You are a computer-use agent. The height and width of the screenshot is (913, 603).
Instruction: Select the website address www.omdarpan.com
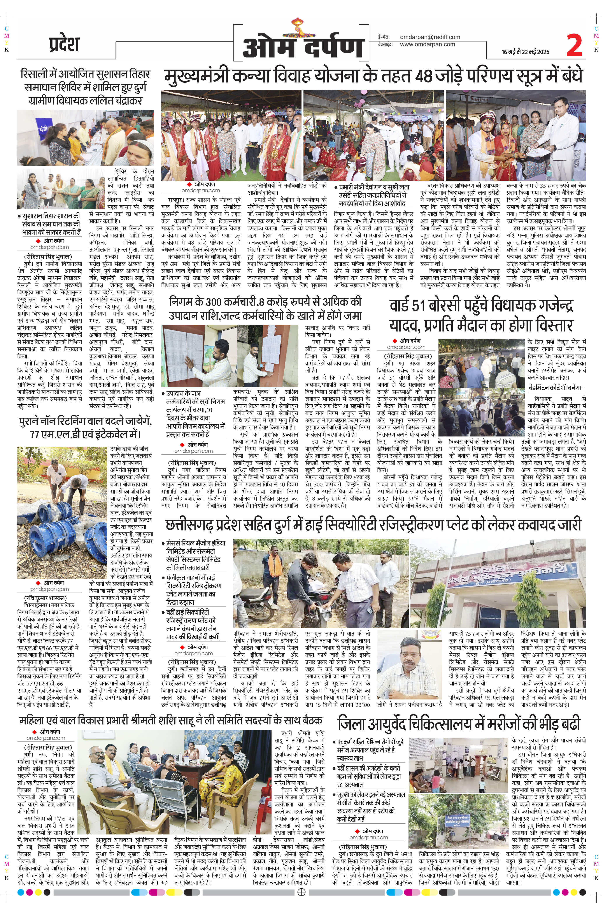click(427, 44)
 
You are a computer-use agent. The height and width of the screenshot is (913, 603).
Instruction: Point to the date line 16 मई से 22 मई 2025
click(525, 52)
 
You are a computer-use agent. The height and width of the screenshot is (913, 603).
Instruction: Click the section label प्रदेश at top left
click(64, 44)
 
